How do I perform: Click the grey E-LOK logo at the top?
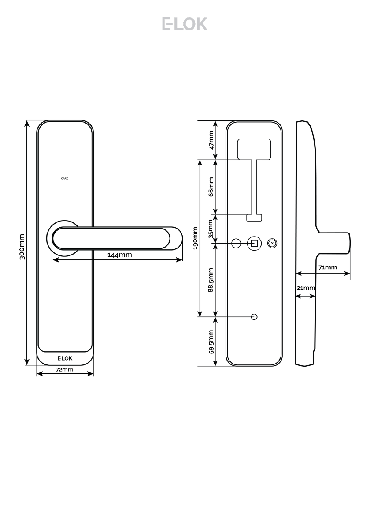[x=185, y=24]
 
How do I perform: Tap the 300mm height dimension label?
[x=22, y=247]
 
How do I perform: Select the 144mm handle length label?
[x=119, y=255]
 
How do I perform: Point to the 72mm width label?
[x=64, y=370]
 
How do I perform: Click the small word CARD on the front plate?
[x=65, y=178]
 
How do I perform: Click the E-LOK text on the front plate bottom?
[x=65, y=358]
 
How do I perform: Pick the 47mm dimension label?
[x=211, y=140]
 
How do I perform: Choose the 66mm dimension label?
[x=211, y=187]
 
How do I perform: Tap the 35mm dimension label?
[x=211, y=229]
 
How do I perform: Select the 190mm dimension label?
[x=196, y=238]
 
